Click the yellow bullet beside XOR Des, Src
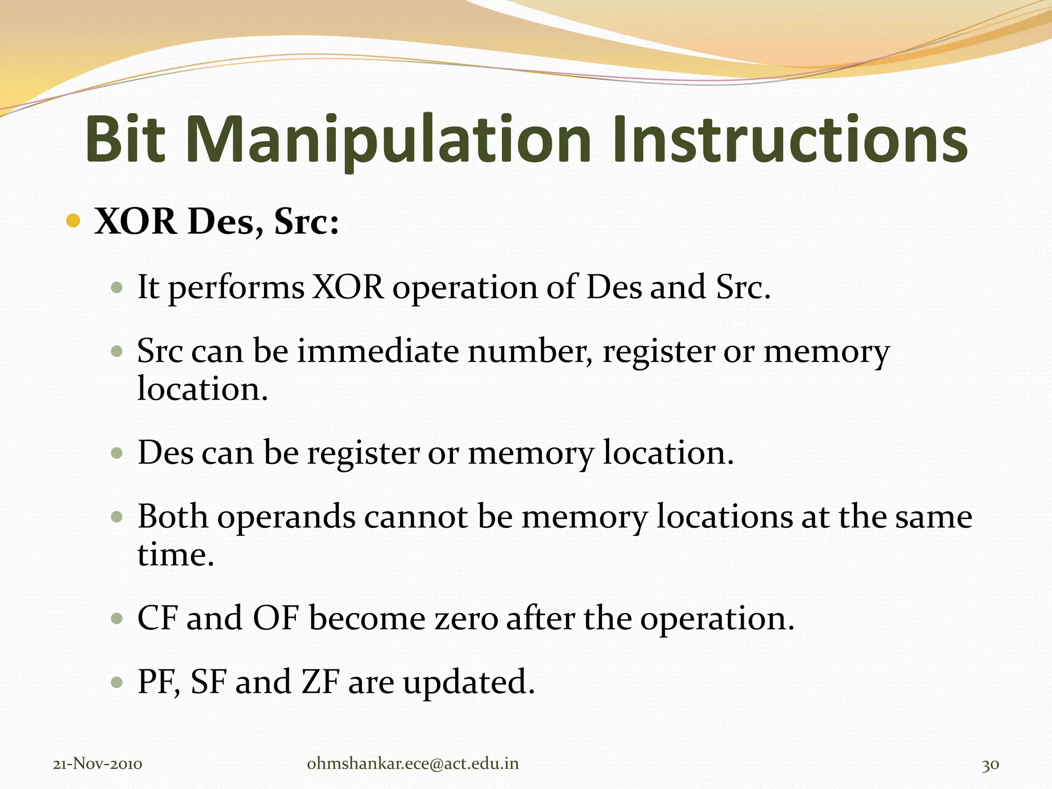click(x=73, y=221)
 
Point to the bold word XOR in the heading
click(x=135, y=222)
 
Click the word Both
click(x=173, y=517)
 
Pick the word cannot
click(x=416, y=517)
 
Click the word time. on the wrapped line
click(x=175, y=555)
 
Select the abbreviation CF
click(x=157, y=618)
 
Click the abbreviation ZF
click(x=320, y=682)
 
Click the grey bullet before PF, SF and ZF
click(x=117, y=683)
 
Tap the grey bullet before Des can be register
click(x=117, y=454)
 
